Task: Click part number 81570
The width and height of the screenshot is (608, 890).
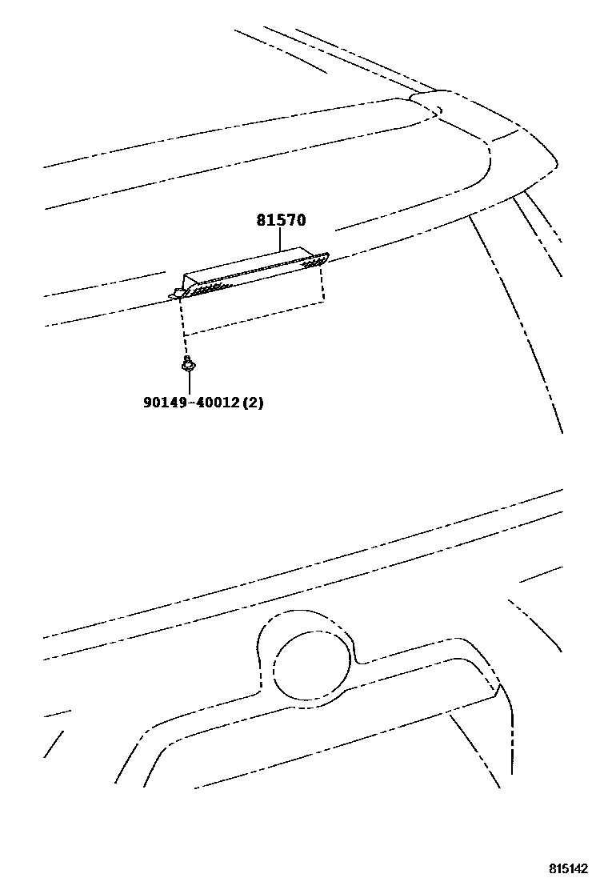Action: [x=281, y=220]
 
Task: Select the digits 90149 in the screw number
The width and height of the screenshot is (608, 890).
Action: [x=163, y=403]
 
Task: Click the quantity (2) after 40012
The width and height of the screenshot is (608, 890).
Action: [x=253, y=403]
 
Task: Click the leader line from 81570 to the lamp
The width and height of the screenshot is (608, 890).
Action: [x=281, y=238]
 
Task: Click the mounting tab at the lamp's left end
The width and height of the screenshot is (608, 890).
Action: [x=175, y=295]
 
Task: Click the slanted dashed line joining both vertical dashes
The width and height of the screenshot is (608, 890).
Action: [x=254, y=319]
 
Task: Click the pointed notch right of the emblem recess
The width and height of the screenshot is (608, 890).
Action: [x=498, y=688]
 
